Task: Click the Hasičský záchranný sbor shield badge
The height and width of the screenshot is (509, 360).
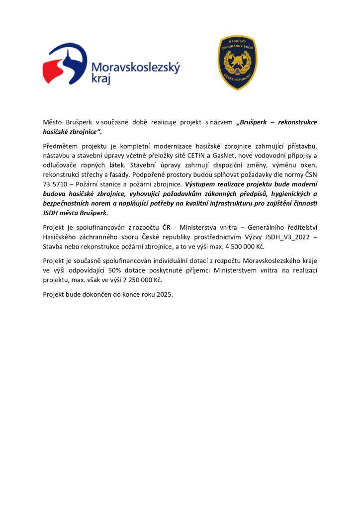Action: (238, 63)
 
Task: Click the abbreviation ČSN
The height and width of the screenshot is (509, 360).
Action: (309, 175)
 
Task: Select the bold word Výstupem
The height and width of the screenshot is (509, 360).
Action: (200, 184)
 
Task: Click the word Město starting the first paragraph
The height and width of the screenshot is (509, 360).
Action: (53, 122)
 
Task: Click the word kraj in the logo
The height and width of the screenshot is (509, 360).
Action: (101, 79)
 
